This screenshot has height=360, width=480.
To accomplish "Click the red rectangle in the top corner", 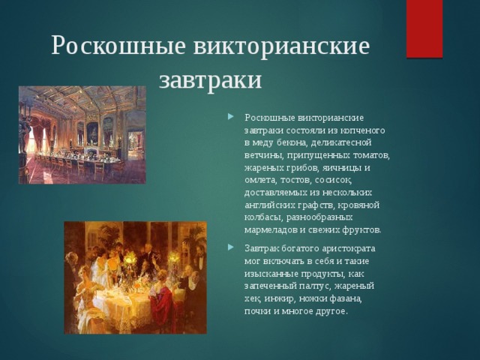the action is click(424, 28).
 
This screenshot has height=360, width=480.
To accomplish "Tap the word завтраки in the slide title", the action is click(210, 80).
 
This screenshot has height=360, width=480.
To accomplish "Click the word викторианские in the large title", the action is click(282, 46).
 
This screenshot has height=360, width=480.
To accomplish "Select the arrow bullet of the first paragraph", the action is click(231, 117).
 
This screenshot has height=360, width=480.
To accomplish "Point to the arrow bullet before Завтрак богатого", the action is click(231, 247).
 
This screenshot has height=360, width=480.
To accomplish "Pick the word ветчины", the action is click(264, 155).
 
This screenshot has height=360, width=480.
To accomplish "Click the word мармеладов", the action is click(271, 230).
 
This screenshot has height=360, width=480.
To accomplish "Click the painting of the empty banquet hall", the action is click(82, 135).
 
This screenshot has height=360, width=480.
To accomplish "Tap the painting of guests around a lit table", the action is click(135, 277).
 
